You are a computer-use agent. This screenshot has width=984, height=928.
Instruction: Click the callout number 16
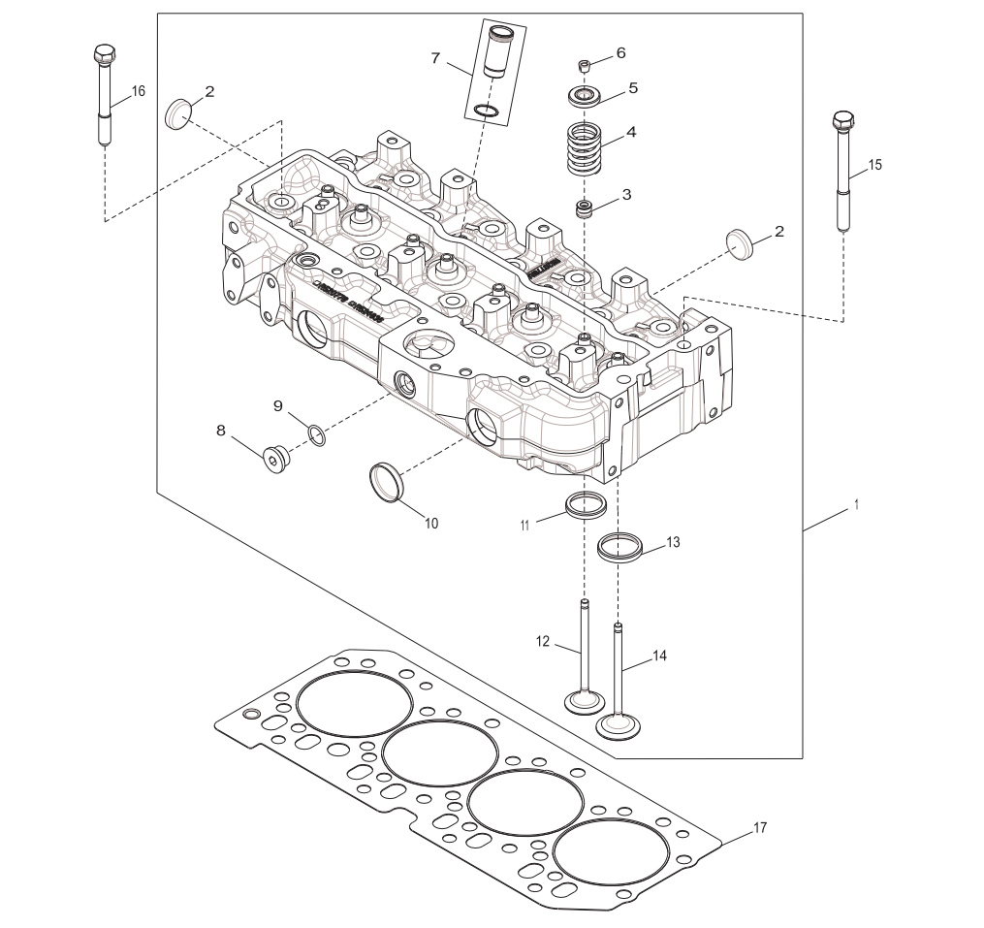point(139,91)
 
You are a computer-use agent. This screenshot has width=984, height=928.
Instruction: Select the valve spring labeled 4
point(587,147)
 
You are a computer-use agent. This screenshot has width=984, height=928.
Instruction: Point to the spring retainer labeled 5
point(585,95)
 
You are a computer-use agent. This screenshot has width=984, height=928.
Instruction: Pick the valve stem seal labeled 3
point(585,208)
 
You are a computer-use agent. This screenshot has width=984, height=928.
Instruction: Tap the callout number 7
point(436,59)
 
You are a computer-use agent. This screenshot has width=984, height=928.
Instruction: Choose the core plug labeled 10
point(386,483)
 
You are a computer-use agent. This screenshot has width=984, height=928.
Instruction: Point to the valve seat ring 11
point(586,505)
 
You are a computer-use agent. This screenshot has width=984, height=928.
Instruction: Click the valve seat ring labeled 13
point(620,547)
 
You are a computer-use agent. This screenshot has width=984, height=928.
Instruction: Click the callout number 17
point(760,827)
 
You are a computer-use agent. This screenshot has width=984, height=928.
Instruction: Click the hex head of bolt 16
point(104,54)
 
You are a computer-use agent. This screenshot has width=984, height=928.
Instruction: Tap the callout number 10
point(431,524)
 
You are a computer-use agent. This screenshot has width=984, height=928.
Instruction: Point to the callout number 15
point(875,165)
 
